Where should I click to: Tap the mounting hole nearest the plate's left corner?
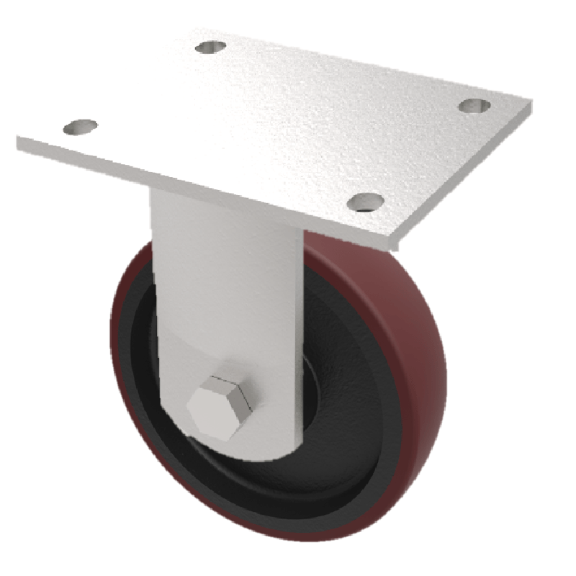[x=80, y=127]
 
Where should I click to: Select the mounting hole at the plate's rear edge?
[x=210, y=47]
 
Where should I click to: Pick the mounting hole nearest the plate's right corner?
[x=474, y=106]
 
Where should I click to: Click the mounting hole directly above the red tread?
[x=364, y=202]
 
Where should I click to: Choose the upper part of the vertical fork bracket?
[x=223, y=252]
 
